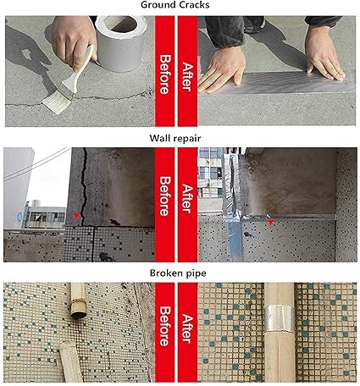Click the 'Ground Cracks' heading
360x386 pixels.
pos(175,5)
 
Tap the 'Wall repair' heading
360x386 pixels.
pos(175,138)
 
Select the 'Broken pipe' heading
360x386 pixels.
pos(178,273)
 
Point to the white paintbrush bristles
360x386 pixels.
pos(58,102)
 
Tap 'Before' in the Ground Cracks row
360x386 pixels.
pos(165,74)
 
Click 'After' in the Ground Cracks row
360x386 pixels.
pos(187,77)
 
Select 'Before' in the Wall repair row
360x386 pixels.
pos(165,196)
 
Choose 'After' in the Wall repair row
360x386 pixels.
pos(187,198)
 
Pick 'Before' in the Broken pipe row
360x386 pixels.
pos(165,327)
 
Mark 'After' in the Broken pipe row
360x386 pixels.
pos(187,328)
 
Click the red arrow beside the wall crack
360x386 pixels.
pos(75,216)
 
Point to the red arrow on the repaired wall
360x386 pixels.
pos(270,223)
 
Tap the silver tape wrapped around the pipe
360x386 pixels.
pos(280,318)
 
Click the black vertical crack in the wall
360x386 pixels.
pos(84,187)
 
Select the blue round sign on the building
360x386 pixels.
pos(19,217)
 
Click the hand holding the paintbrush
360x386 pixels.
pos(74,40)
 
